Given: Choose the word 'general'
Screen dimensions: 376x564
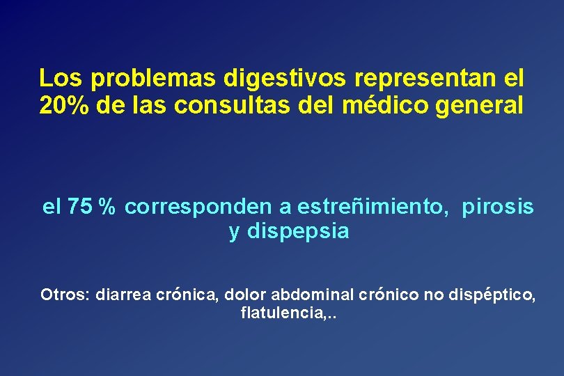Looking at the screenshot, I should [486, 106].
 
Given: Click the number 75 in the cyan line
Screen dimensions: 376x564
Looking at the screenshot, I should [80, 207].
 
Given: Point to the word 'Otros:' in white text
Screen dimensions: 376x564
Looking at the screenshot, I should [65, 295].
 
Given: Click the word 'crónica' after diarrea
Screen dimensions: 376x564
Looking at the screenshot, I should [187, 295].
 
